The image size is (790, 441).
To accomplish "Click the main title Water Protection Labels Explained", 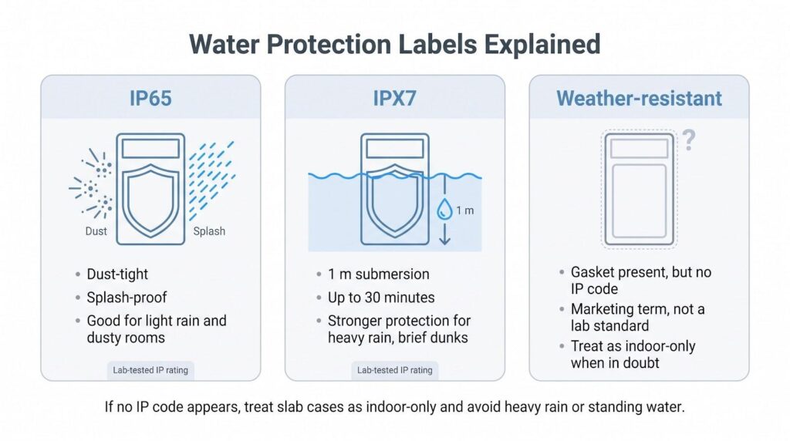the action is click(x=394, y=44).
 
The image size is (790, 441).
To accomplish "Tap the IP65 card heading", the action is click(x=150, y=98).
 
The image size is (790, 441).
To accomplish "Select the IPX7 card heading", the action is click(x=394, y=98).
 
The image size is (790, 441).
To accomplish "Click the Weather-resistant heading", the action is click(x=639, y=98).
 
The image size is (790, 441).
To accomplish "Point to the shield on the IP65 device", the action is click(x=150, y=200).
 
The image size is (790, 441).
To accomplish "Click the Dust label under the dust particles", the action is click(x=96, y=231).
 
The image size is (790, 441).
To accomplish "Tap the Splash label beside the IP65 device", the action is click(x=209, y=231).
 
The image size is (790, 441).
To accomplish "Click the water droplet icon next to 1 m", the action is click(x=444, y=210).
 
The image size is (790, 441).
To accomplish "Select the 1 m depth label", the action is click(x=465, y=210).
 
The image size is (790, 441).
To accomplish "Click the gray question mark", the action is click(x=689, y=140).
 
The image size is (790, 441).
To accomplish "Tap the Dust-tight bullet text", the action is click(x=117, y=274).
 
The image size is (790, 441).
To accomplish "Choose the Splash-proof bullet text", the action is click(x=127, y=298).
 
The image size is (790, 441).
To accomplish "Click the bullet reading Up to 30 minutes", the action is click(x=381, y=298).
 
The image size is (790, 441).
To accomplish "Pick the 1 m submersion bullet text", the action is click(x=378, y=274).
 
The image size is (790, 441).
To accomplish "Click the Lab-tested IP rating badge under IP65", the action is click(x=150, y=370).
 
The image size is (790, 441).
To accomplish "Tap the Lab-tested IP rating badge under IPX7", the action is click(x=394, y=370).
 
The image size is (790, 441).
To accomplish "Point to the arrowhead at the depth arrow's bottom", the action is click(x=444, y=240).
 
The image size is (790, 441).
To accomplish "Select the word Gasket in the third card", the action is click(x=593, y=272).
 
